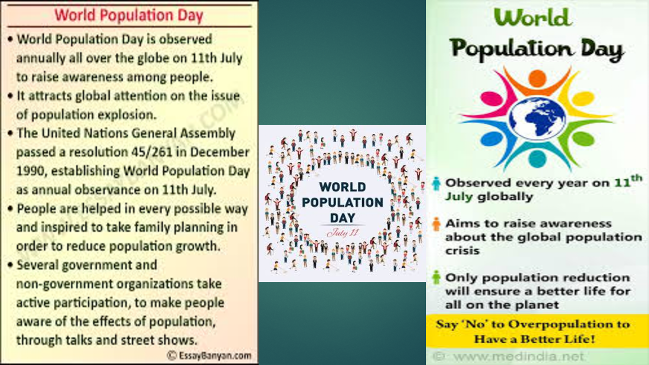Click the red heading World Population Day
[129, 15]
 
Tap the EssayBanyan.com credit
[209, 355]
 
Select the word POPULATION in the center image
[342, 203]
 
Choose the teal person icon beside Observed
[437, 183]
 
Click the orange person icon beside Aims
[437, 224]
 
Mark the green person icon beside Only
[437, 277]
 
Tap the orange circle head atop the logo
[537, 78]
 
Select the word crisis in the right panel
[462, 250]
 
